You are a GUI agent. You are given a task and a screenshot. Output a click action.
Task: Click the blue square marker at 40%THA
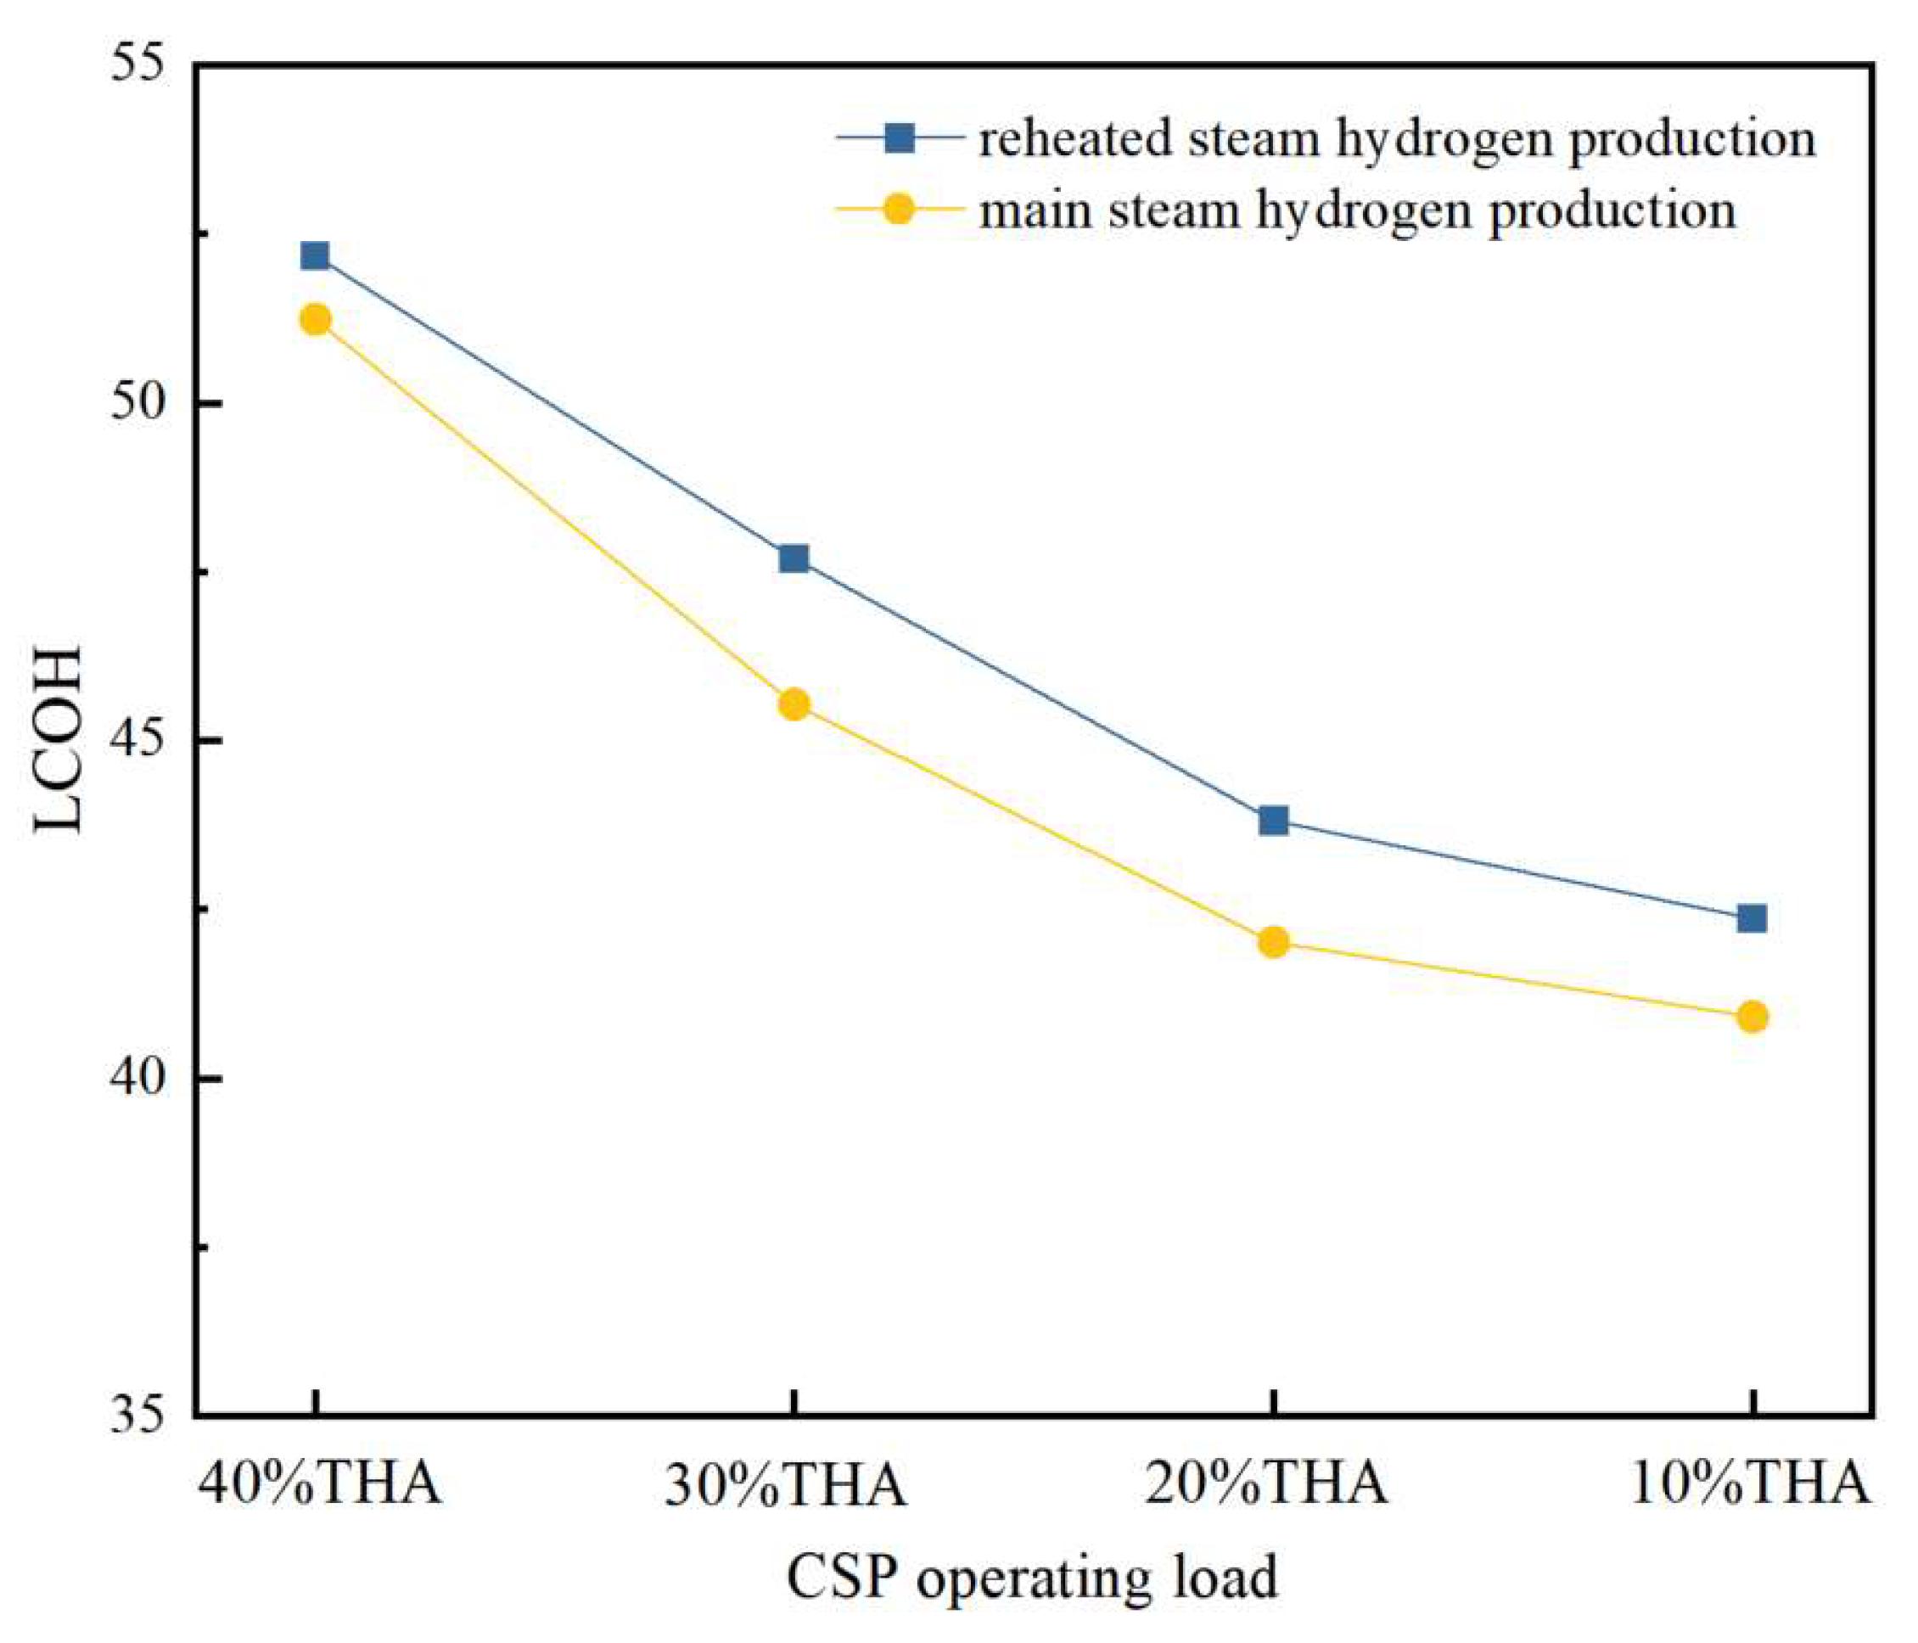(x=315, y=255)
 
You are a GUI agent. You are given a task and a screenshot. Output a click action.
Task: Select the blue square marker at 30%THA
(x=794, y=558)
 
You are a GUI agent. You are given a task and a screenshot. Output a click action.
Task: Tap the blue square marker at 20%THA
(x=1274, y=820)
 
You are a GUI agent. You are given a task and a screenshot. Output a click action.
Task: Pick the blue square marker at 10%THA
(x=1753, y=918)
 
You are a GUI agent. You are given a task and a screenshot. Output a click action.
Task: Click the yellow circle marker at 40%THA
(x=315, y=319)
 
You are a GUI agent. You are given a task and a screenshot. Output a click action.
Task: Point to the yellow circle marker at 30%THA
(x=794, y=704)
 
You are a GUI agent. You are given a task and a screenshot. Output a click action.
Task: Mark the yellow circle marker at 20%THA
(x=1274, y=942)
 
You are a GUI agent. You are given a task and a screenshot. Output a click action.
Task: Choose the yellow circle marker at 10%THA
(x=1753, y=1018)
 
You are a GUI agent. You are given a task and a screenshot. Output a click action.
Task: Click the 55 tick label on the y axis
(x=137, y=67)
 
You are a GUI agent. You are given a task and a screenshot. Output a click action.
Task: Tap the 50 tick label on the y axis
(x=137, y=404)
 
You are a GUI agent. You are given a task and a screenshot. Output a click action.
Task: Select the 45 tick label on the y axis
(x=137, y=742)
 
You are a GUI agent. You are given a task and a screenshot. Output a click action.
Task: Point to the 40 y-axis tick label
(x=137, y=1079)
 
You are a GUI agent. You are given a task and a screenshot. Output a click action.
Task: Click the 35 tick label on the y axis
(x=137, y=1416)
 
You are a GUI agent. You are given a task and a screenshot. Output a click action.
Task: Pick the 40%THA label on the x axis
(x=319, y=1483)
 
